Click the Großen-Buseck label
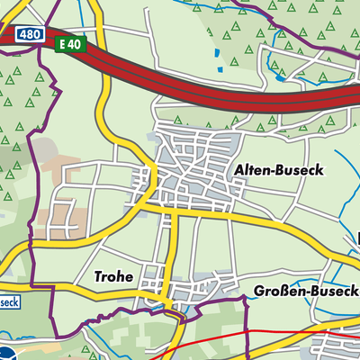[x=306, y=292]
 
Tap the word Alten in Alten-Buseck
[x=253, y=169]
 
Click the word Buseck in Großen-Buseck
[x=335, y=292]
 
